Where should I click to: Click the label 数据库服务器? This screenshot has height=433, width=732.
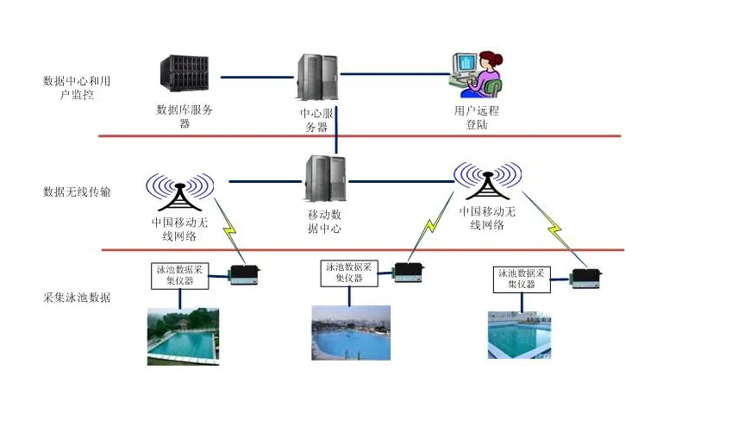tap(185, 116)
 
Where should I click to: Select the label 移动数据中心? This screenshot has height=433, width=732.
tap(324, 221)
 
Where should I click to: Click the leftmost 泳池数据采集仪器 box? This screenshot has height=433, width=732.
tap(180, 274)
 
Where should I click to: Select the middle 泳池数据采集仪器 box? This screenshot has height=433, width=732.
tap(348, 273)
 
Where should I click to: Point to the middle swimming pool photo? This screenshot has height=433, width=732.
tap(350, 332)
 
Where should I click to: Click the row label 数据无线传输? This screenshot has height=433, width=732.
tap(77, 191)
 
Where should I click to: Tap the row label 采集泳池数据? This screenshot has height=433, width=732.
tap(77, 297)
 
